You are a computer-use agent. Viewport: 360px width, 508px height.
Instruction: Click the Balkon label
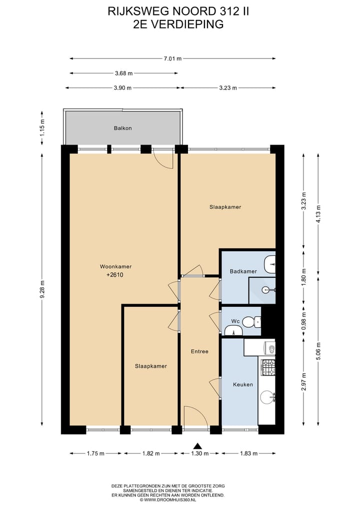122,128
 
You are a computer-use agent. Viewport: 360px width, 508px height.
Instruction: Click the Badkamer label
243,271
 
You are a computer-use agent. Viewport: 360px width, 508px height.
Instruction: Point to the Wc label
235,321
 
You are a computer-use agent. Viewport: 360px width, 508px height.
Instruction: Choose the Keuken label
243,385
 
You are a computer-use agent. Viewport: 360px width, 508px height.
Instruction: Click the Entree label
199,351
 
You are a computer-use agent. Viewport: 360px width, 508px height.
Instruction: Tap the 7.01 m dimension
172,58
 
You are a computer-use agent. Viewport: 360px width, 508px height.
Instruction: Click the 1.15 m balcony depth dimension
43,128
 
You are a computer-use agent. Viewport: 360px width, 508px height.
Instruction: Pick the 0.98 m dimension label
304,322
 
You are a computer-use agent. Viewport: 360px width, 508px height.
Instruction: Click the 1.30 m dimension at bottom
199,454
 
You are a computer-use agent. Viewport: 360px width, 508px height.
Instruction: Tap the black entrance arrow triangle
198,446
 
